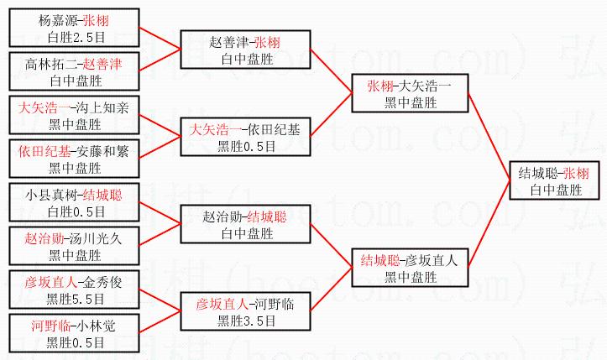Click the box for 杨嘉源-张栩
(x=71, y=28)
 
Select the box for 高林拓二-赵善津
(x=71, y=72)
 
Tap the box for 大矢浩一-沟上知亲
(x=71, y=117)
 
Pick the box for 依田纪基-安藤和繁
(x=71, y=159)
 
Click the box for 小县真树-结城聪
(x=71, y=203)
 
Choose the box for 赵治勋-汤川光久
(x=71, y=247)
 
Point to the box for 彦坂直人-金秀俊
(x=71, y=290)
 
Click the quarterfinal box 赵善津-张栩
(x=245, y=50)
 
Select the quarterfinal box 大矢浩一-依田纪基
(x=245, y=138)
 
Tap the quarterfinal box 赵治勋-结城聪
(x=245, y=226)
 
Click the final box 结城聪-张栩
(x=555, y=182)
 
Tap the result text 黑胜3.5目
(x=245, y=320)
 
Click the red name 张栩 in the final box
(x=576, y=174)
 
